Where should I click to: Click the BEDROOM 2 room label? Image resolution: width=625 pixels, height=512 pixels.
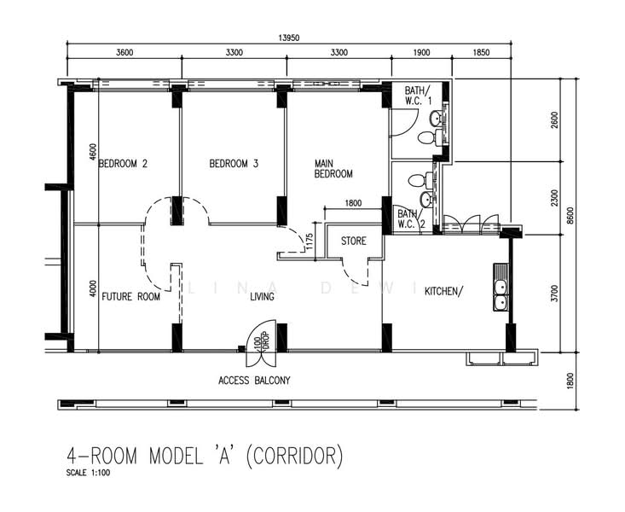pos(123,164)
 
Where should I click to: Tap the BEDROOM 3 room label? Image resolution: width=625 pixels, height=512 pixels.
pos(234,164)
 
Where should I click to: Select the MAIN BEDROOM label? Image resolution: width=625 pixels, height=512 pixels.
pos(333,169)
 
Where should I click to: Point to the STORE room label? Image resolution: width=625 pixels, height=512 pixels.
pos(354,241)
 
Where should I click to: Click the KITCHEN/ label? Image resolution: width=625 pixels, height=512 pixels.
pos(443,292)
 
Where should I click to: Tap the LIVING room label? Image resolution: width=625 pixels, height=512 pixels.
pos(262,297)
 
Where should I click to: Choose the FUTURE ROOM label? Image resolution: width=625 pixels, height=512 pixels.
pos(130,297)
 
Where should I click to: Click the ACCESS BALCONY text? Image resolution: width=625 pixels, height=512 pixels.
pos(254,381)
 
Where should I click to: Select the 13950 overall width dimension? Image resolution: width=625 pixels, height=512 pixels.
pos(288,38)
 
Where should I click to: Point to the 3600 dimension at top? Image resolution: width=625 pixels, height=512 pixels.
pos(124,53)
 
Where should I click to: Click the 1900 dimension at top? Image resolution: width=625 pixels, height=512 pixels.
pos(421,53)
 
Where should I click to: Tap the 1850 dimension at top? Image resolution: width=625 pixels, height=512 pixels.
pos(481,53)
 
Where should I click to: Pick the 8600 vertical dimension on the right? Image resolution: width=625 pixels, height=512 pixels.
pos(570,216)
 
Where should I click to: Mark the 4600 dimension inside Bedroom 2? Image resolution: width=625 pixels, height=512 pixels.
pos(93,152)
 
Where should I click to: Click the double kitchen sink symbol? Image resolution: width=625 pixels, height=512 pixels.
pos(500,295)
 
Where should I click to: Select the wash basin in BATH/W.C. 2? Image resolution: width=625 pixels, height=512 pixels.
pos(427,199)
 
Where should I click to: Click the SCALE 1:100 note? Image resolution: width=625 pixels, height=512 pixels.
pos(88,474)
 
